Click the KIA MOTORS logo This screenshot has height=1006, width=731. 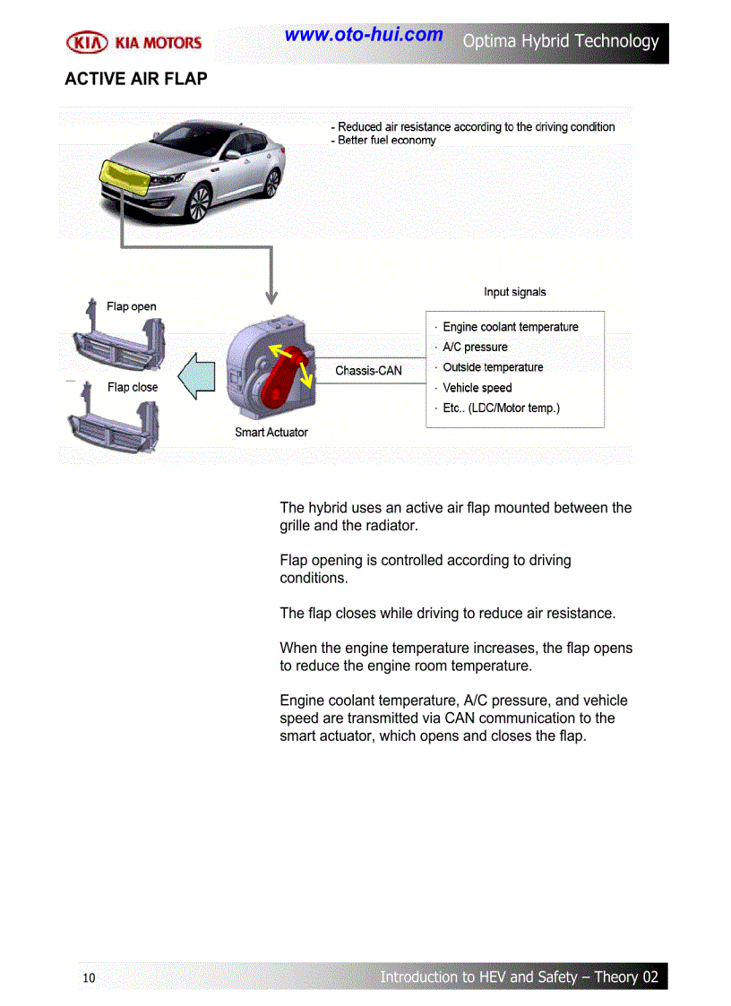click(x=134, y=42)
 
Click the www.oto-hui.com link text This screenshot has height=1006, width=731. click(x=364, y=35)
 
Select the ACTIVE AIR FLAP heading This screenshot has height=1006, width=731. click(x=136, y=79)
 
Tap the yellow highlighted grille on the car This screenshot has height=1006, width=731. click(x=126, y=177)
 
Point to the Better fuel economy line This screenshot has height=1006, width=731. click(x=386, y=141)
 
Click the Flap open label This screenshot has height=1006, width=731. click(x=132, y=306)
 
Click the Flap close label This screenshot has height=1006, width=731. click(x=133, y=387)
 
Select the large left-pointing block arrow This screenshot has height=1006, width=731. click(x=197, y=374)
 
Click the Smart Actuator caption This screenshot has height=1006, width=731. click(x=271, y=432)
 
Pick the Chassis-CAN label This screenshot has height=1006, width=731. click(x=368, y=370)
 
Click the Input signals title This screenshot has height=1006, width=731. click(x=515, y=292)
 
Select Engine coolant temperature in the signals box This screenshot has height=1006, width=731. click(x=510, y=327)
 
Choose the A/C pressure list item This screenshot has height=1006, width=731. click(x=475, y=348)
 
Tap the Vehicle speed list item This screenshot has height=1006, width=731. click(x=477, y=388)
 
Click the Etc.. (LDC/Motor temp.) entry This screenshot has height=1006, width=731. click(x=501, y=408)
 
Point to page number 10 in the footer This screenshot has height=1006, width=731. click(x=89, y=977)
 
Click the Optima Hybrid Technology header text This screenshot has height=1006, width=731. click(x=561, y=41)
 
